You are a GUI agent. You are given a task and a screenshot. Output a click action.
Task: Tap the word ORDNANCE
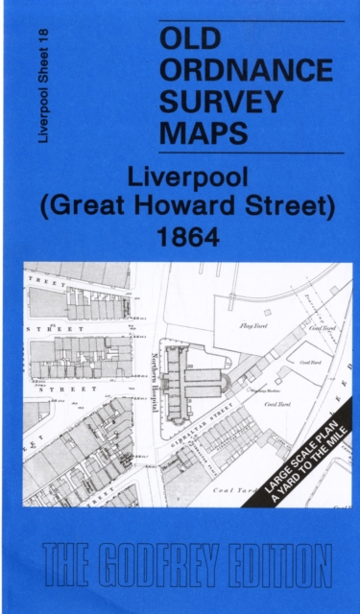[247, 70]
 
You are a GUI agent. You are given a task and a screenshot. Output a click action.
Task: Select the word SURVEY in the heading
[222, 101]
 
